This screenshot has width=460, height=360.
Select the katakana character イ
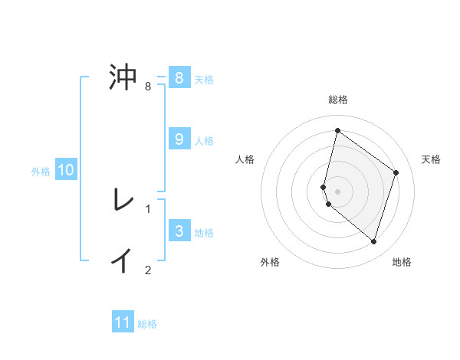click(x=123, y=260)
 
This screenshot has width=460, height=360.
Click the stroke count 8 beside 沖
click(x=148, y=87)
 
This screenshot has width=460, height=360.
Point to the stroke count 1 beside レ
click(x=148, y=208)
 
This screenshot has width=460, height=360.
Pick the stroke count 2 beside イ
click(x=148, y=270)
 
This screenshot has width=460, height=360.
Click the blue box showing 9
click(x=179, y=139)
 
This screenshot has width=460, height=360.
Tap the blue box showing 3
click(x=179, y=231)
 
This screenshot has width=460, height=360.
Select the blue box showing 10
click(x=65, y=170)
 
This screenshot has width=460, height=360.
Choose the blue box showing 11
click(x=123, y=322)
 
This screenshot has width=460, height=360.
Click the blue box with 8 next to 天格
click(x=179, y=77)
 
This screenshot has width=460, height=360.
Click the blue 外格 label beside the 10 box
click(x=41, y=172)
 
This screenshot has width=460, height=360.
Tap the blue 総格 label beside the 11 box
click(x=147, y=324)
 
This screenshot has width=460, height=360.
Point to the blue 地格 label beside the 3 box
click(x=205, y=233)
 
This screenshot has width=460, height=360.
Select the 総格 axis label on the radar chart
click(x=338, y=100)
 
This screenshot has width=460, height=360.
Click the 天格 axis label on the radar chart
click(x=432, y=159)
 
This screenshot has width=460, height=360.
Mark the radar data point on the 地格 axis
click(x=374, y=242)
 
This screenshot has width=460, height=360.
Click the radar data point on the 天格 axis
click(x=396, y=172)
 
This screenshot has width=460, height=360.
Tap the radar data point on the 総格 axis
click(x=337, y=131)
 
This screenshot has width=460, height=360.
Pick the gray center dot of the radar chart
click(x=338, y=191)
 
